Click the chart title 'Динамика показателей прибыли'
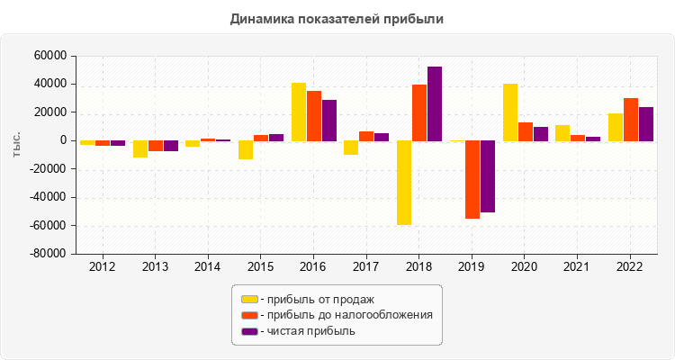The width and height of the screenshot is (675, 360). pos(337,18)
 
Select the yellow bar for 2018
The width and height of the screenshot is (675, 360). pos(404,183)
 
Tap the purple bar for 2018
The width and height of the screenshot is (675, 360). pos(435,103)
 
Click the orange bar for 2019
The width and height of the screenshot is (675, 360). pos(472,179)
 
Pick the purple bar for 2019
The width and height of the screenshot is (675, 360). pos(488,176)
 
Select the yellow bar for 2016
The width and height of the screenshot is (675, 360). pos(299,112)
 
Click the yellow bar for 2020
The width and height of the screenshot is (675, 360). pos(510,112)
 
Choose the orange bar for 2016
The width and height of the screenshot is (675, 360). pos(314,116)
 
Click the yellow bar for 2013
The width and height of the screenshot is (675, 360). pos(140,148)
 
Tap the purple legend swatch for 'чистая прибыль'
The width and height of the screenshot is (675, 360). pos(249,331)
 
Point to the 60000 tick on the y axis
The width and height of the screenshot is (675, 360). pos(50,56)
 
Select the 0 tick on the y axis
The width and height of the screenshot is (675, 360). pos(63,140)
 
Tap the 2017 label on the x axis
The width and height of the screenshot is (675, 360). pos(366,267)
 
